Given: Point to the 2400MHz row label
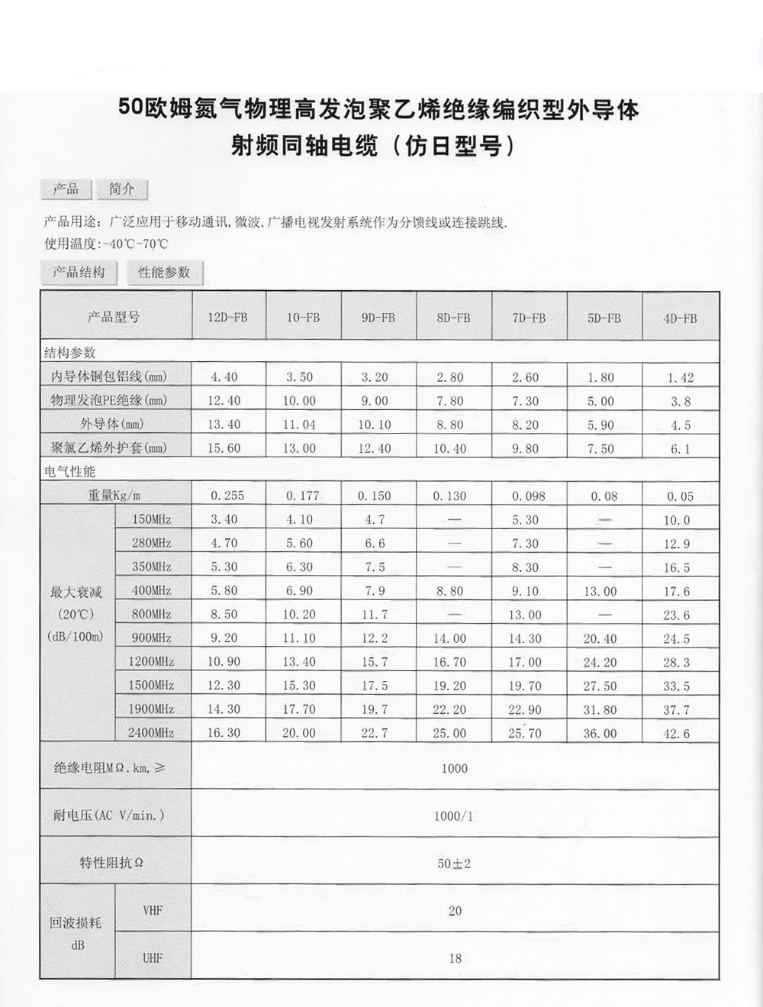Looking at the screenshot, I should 151,733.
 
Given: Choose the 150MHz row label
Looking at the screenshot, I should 151,520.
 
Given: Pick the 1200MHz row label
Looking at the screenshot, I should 151,662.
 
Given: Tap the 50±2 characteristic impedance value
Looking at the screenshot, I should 454,863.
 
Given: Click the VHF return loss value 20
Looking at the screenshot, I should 455,911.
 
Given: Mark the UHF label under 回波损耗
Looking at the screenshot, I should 153,958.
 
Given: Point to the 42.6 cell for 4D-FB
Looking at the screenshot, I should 676,734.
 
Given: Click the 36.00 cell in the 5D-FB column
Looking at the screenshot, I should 600,733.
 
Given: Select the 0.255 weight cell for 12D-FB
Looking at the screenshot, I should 227,495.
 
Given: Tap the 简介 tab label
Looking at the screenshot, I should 121,189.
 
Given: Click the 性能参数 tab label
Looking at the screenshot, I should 164,272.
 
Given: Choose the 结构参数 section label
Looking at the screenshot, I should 70,353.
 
